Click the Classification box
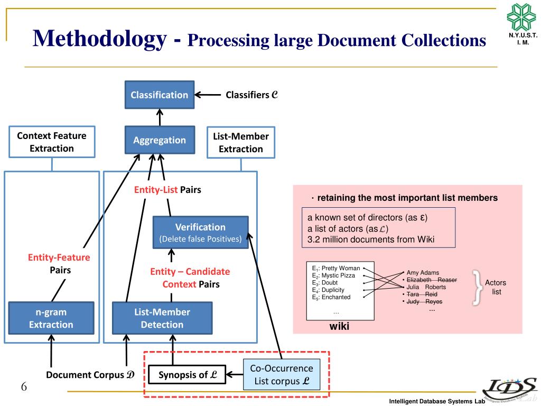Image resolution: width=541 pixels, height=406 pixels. tap(160, 95)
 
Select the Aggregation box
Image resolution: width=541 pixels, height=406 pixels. tap(160, 140)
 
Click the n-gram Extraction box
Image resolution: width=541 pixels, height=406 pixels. tap(51, 318)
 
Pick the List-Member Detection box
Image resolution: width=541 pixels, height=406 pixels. tap(162, 318)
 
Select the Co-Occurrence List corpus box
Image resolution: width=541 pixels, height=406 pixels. tap(282, 374)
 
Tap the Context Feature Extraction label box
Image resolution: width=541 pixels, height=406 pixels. tap(52, 142)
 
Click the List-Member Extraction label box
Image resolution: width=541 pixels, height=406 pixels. tap(241, 143)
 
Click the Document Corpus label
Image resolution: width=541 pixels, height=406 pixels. tap(90, 375)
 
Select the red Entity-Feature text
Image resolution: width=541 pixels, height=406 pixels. tap(59, 257)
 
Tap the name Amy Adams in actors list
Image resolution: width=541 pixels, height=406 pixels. tap(423, 273)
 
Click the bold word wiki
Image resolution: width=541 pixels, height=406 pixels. tap(339, 326)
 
